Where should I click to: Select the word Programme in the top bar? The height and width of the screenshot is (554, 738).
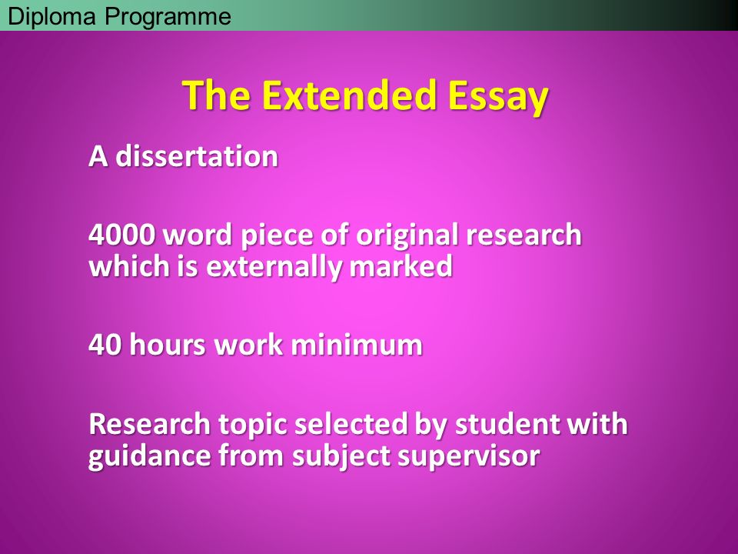pyautogui.click(x=168, y=18)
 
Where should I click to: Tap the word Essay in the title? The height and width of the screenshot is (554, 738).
pyautogui.click(x=498, y=97)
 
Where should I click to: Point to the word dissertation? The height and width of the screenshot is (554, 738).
pyautogui.click(x=197, y=156)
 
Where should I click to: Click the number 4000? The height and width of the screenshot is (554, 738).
pyautogui.click(x=122, y=234)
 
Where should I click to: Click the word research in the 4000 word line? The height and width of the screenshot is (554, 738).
pyautogui.click(x=524, y=235)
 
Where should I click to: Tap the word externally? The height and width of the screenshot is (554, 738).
pyautogui.click(x=274, y=267)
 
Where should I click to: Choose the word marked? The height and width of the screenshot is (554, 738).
pyautogui.click(x=401, y=265)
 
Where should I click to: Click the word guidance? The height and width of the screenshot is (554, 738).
pyautogui.click(x=149, y=456)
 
